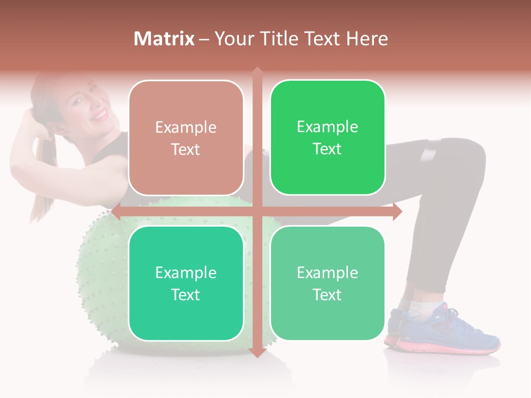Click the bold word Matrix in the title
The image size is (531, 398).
click(x=164, y=39)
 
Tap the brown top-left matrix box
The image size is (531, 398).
click(x=186, y=138)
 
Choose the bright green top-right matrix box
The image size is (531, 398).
click(x=327, y=138)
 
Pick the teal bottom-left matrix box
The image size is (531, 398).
click(x=186, y=283)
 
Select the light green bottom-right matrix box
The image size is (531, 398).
click(x=327, y=283)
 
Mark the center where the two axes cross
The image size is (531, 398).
click(x=257, y=211)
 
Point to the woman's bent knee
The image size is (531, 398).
click(x=470, y=158)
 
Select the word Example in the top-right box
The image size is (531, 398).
click(x=327, y=127)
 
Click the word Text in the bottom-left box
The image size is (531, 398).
click(x=186, y=295)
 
